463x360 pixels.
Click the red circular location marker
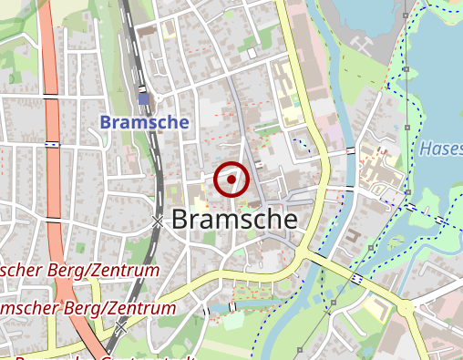231,180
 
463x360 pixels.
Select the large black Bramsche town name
233,220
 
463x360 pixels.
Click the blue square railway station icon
144,98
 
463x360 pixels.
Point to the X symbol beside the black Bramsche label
158,221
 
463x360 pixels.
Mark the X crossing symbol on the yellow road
120,324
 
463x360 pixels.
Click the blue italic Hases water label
441,148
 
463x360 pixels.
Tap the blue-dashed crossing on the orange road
53,143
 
